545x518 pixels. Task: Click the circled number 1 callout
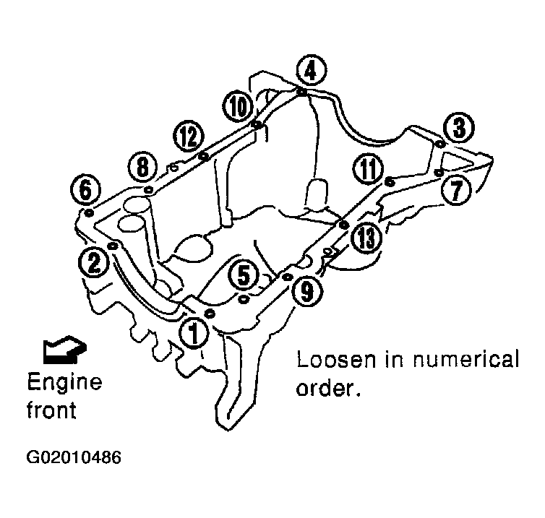point(194,333)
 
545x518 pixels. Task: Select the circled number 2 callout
point(94,262)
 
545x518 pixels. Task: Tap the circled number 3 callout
point(459,127)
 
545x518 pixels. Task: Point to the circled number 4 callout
point(311,70)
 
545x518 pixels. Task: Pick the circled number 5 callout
point(244,275)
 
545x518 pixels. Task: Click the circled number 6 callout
point(85,189)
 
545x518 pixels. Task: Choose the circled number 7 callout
point(456,190)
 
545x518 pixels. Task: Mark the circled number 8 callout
point(142,166)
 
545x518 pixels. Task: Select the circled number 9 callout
point(306,291)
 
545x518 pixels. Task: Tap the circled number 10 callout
point(239,106)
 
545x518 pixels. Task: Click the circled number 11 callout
point(368,169)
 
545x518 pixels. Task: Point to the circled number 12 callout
point(189,136)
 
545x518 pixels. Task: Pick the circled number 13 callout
point(366,238)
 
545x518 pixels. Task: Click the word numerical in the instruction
point(466,359)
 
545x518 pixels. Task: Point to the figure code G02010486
point(74,457)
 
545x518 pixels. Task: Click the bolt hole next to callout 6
point(90,212)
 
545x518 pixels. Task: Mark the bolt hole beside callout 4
point(301,92)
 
